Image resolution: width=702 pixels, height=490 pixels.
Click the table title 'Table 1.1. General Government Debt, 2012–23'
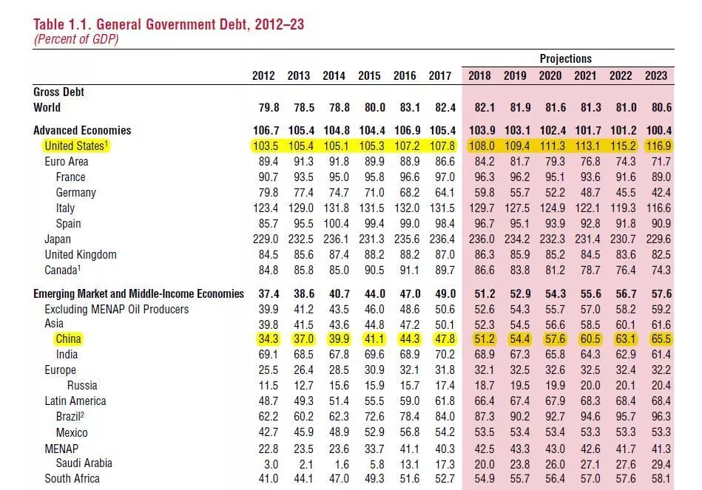169,24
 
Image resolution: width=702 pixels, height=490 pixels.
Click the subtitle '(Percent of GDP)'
75,40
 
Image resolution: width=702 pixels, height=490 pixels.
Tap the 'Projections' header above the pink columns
566,58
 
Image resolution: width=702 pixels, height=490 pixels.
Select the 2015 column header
370,75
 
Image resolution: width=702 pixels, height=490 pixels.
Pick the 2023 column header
656,75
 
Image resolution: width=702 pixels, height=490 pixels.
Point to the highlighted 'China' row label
68,338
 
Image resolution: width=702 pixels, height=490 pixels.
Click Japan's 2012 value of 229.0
265,239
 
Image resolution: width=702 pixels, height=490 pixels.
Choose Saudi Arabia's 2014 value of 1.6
337,463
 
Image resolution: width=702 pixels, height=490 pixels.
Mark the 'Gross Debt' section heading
58,92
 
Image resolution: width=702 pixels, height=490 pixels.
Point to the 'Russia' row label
82,385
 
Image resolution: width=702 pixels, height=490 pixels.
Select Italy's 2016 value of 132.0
405,208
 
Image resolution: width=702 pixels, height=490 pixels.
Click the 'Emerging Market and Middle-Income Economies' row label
138,293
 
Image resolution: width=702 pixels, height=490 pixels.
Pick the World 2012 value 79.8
266,107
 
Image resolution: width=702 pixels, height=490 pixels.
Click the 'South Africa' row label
72,478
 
